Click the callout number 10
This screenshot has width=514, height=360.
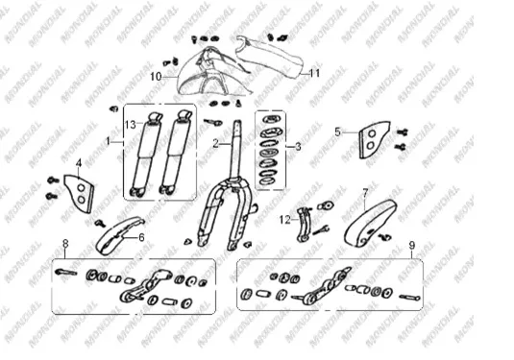coord(156,77)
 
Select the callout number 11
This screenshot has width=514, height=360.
coord(315,73)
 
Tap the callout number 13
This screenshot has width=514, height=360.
coord(131,125)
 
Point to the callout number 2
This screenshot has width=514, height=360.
coord(215,143)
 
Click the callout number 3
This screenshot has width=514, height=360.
coord(298,147)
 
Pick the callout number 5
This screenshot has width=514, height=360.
coord(337,132)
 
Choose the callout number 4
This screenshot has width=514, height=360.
coord(79,163)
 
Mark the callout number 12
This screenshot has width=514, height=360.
coord(285,220)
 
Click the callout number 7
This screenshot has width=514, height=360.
coord(365,193)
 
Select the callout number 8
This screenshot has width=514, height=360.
coord(65,244)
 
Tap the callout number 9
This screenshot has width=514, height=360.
coord(412,245)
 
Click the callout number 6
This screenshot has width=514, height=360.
coord(141,237)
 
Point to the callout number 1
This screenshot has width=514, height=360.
coord(109,141)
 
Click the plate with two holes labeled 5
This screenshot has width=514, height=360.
coord(374,139)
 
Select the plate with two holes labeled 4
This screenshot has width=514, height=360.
coord(80,194)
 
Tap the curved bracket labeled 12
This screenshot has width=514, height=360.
coord(304,225)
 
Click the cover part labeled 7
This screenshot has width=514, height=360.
coord(371,223)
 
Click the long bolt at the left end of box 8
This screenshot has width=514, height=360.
coord(66,272)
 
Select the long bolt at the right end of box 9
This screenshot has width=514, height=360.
coord(409,298)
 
